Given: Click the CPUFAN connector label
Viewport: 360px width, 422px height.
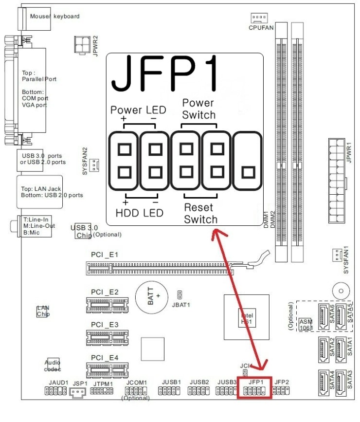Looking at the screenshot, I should click(261, 28).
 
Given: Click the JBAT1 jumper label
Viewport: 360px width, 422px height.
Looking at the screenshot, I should click(181, 305).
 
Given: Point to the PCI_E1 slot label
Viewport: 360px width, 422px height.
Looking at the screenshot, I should click(104, 255).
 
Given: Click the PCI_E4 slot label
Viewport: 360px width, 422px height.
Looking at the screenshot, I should click(104, 358).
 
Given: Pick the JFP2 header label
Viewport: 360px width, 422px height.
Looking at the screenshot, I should click(282, 382).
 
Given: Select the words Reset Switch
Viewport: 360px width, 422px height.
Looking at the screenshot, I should click(200, 213).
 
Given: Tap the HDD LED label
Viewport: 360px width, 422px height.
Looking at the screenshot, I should click(140, 213).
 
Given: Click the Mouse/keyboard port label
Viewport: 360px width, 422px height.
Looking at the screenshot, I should click(54, 16).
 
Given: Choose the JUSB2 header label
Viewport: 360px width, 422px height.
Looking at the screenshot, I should click(199, 382).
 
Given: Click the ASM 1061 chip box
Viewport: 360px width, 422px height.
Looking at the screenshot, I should click(306, 325).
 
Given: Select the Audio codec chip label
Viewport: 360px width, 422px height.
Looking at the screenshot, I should click(53, 365).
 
